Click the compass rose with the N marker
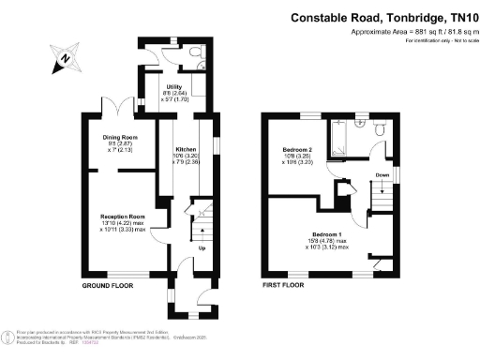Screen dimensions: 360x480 click(62, 58)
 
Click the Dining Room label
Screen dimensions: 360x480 click(121, 137)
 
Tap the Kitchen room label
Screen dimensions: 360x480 click(184, 149)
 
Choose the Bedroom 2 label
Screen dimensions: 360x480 click(297, 149)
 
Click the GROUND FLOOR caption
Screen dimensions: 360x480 click(108, 284)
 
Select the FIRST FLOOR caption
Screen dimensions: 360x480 click(286, 284)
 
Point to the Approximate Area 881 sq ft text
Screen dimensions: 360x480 click(412, 33)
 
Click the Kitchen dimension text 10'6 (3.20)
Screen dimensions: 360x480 click(184, 157)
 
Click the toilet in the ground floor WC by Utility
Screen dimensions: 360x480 click(191, 53)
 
